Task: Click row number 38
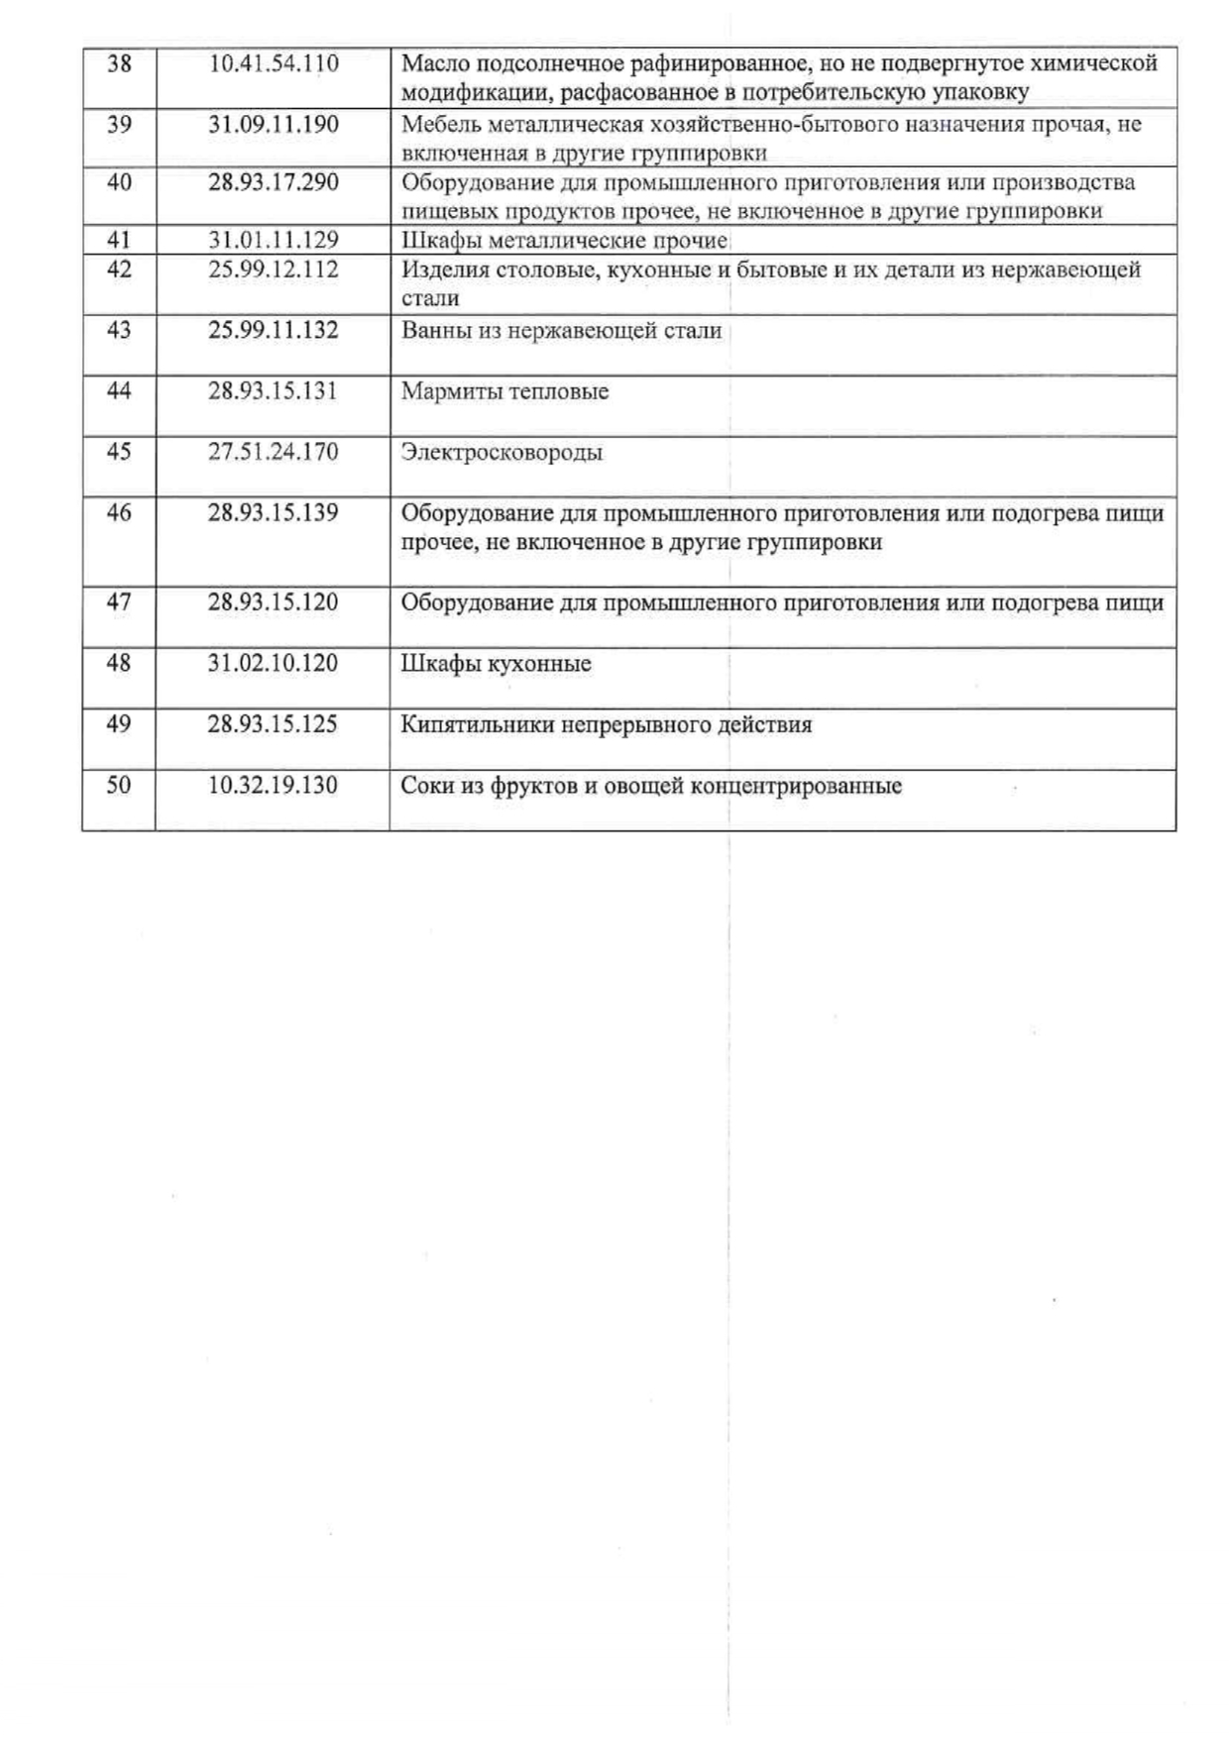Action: (x=119, y=64)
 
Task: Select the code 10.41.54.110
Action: (x=274, y=64)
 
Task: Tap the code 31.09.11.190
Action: (x=274, y=125)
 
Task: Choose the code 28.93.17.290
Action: (x=274, y=182)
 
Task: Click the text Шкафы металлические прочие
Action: (x=564, y=241)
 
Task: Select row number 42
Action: (x=119, y=270)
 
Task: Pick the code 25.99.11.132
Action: (x=274, y=330)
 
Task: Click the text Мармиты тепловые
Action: (x=504, y=391)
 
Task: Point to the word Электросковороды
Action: (x=502, y=453)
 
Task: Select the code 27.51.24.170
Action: (x=274, y=452)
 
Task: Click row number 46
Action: (x=119, y=513)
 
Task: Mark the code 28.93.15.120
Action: (x=274, y=602)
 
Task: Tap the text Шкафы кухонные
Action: (x=496, y=664)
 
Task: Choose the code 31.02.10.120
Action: (x=274, y=663)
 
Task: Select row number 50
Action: (x=119, y=786)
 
